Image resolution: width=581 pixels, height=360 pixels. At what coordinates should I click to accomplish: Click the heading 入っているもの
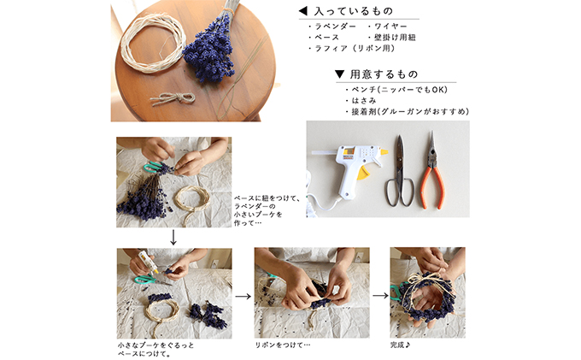353,11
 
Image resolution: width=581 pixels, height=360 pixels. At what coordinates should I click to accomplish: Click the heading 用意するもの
384,74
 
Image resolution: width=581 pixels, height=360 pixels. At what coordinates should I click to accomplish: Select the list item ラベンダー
335,27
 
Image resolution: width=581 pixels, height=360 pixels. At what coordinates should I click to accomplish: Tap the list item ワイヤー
390,27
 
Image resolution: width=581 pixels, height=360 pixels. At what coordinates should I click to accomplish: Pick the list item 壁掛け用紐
395,38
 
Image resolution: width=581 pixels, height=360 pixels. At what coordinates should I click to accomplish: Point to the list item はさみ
363,100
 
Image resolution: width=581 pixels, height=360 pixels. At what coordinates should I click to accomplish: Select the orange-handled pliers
432,169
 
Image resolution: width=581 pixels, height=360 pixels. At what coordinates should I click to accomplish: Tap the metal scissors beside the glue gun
400,171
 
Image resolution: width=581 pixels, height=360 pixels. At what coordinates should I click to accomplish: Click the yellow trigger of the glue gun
364,173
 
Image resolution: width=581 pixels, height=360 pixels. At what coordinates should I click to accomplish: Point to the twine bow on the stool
173,98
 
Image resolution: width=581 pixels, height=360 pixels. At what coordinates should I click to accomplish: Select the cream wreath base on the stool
153,43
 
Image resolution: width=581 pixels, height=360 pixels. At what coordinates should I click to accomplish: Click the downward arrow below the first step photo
173,237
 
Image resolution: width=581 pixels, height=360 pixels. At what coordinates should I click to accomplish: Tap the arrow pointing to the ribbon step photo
243,296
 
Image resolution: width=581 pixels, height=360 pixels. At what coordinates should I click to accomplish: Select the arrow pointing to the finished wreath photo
380,296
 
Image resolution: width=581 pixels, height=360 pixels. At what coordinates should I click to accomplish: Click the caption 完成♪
400,345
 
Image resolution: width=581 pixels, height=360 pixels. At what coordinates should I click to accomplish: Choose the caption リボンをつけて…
283,345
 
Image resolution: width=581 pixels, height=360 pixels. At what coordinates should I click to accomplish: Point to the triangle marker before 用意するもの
339,74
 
